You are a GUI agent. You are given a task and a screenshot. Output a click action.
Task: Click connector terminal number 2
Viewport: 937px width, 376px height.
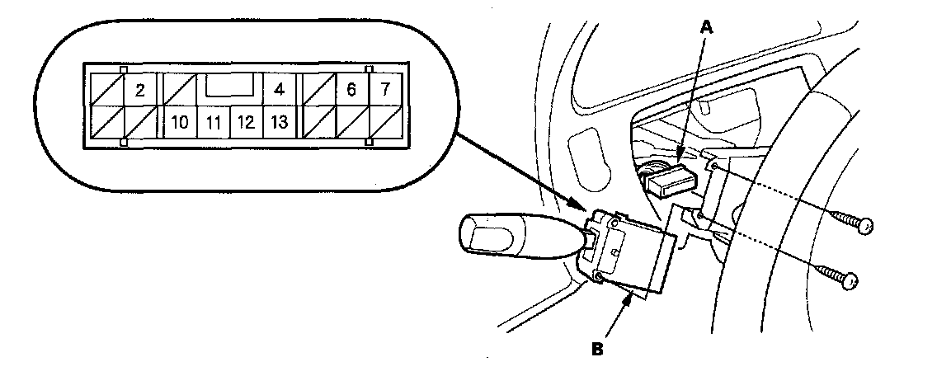(x=139, y=90)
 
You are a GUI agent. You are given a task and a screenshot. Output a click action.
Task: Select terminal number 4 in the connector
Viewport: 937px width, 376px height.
(x=279, y=89)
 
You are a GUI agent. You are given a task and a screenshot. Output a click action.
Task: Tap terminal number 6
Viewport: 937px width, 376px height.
(x=351, y=90)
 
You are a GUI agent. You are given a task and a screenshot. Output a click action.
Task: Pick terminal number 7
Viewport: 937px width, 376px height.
(x=384, y=90)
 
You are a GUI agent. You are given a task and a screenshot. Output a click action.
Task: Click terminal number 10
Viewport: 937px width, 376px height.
(x=180, y=124)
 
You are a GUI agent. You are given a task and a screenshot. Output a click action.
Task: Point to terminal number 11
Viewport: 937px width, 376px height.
(x=214, y=124)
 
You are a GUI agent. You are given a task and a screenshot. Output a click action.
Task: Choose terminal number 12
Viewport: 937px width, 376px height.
(x=246, y=124)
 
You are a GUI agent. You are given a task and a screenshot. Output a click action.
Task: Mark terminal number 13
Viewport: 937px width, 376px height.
(x=279, y=124)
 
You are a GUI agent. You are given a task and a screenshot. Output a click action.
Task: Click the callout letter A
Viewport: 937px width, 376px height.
(x=705, y=27)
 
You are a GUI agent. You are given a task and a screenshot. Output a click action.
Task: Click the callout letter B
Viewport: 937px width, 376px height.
(x=597, y=347)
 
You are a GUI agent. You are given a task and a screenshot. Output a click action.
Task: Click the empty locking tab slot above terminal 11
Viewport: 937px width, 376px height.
(x=230, y=85)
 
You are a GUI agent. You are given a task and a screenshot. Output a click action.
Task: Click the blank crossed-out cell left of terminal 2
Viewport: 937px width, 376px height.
(x=103, y=90)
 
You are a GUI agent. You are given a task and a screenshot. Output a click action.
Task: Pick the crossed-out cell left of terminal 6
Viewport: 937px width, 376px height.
(x=319, y=90)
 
